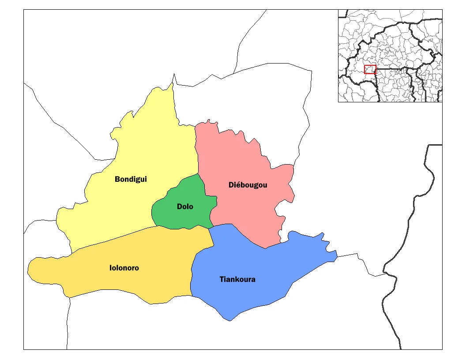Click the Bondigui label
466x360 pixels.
click(x=131, y=179)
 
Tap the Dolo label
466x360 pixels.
click(x=185, y=206)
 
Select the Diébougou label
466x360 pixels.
click(x=248, y=185)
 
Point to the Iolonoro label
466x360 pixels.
click(x=124, y=268)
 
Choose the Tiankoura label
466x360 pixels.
click(x=237, y=279)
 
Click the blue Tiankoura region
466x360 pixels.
click(x=265, y=265)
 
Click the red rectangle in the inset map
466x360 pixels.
click(x=370, y=69)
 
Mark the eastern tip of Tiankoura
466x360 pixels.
click(x=337, y=255)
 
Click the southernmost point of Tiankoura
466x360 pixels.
click(x=229, y=320)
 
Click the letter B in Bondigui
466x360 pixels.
click(x=117, y=179)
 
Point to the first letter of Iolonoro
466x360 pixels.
click(x=111, y=268)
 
